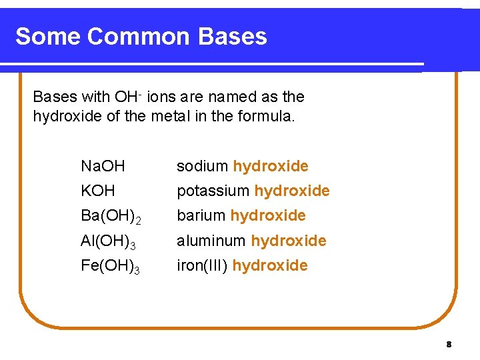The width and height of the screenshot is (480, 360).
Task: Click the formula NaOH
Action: point(103,166)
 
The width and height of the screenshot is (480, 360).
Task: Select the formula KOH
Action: point(97,191)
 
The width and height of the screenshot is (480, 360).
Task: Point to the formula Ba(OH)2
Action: point(111,216)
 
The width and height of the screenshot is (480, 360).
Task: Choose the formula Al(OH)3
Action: point(110,241)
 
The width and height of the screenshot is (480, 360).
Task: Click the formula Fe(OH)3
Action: point(111,266)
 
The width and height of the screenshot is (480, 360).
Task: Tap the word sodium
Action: point(202,166)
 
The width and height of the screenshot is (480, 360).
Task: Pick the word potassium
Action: point(213,191)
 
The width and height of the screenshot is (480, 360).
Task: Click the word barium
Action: point(201,216)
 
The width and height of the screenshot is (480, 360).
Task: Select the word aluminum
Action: point(211,241)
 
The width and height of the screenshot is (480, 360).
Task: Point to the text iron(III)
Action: point(202,266)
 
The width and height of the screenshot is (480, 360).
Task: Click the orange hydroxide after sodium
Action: point(271,166)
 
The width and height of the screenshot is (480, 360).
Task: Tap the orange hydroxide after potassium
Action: point(292,191)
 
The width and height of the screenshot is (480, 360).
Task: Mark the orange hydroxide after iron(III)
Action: point(270,266)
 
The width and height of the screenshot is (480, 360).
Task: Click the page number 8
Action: point(449,345)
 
